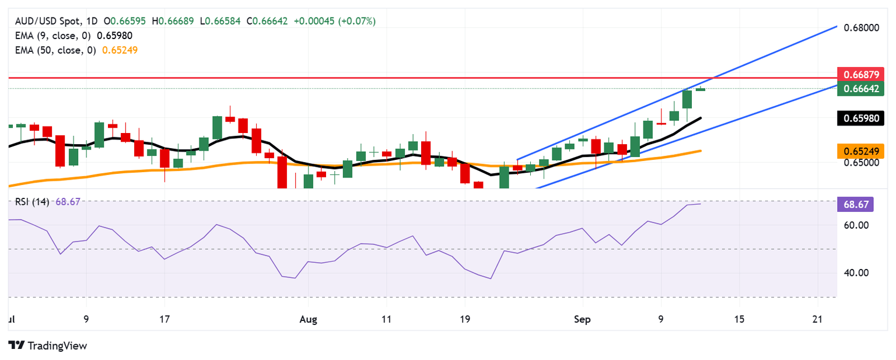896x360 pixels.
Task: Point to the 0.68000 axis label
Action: point(860,27)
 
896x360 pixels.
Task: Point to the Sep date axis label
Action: point(582,319)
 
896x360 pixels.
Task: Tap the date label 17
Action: point(164,319)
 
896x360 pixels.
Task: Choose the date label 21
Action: point(817,319)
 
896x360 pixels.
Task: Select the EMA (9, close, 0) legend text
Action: point(53,35)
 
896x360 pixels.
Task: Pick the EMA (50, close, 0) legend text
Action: point(55,50)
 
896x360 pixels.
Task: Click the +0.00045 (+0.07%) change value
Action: point(335,21)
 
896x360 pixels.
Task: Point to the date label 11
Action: point(386,319)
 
